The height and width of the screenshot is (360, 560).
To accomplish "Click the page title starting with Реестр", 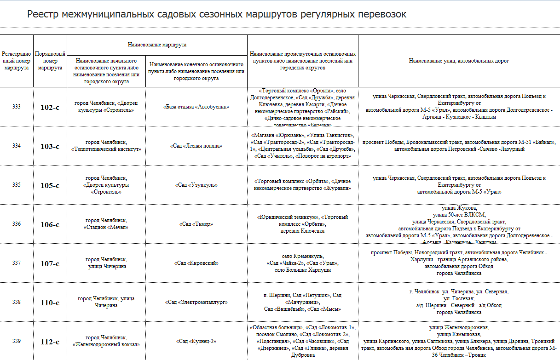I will pos(217,14).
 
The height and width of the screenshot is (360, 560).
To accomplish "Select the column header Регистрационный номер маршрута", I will pos(17,61).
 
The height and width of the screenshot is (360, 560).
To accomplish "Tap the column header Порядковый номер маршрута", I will pos(50,61).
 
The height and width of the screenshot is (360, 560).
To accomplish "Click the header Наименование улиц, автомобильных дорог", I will pos(459,61).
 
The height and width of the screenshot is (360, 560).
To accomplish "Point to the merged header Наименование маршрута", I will pos(157,45).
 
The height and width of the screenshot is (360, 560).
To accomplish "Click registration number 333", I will pos(17,107).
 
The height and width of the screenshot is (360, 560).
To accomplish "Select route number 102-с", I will pos(50,107).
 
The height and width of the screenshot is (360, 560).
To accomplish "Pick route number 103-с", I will pos(50,146).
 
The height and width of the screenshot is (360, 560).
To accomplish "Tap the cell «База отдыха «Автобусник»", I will pos(196,107).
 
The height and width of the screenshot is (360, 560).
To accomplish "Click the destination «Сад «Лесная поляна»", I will pos(196,146).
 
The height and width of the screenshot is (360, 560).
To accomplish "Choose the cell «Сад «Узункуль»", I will pos(196,185).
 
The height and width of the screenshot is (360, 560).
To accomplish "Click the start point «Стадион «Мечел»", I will pos(106,227).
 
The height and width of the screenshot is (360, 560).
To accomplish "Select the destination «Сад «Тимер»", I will pos(196,224).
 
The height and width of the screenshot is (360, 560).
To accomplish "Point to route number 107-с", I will pos(50,263).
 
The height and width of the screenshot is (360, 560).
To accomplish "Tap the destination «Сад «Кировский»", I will pos(196,263).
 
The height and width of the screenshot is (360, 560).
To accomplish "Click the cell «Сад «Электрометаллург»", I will pos(196,302).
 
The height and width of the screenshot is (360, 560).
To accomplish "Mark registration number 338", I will pos(17,302).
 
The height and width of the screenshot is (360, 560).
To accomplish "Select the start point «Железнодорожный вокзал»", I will pos(106,344).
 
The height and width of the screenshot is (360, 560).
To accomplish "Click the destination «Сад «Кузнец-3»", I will pos(196,341).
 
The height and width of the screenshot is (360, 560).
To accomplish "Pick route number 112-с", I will pos(50,342).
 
